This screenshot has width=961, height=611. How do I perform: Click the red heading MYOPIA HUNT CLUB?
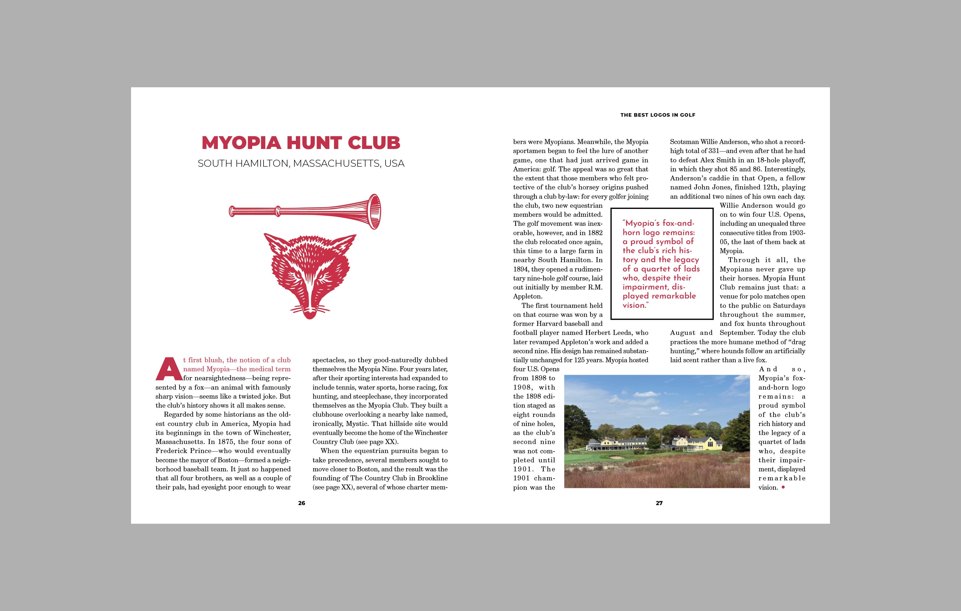(301, 143)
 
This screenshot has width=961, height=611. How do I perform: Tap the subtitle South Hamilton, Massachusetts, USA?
(301, 164)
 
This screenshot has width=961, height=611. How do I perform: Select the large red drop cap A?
(168, 369)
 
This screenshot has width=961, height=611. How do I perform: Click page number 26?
(301, 503)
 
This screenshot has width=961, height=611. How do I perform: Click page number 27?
(659, 503)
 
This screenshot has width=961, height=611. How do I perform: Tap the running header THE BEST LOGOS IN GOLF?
(658, 115)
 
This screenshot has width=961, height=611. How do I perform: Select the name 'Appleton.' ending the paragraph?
(528, 296)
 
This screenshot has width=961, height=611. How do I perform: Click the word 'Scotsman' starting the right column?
(684, 142)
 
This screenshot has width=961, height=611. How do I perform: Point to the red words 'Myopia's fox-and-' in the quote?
(658, 223)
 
